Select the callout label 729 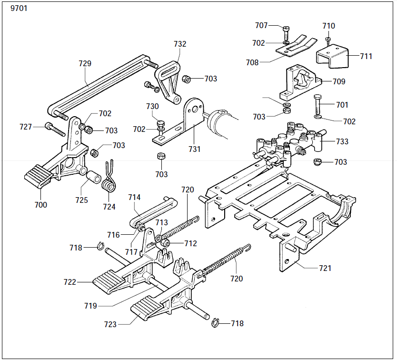click(85, 63)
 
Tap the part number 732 click(180, 44)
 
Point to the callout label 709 click(339, 81)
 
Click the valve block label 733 click(342, 141)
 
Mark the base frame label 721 click(325, 268)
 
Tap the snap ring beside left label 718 click(101, 247)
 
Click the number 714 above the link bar click(134, 197)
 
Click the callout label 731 click(194, 149)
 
